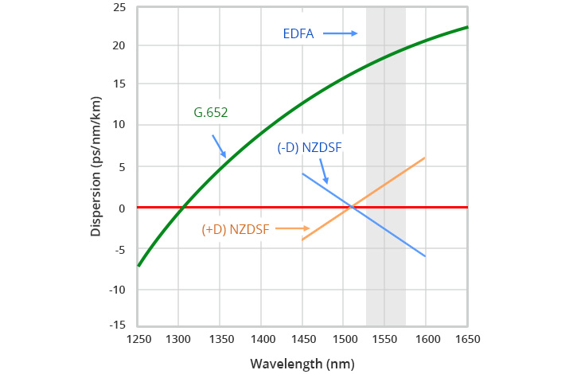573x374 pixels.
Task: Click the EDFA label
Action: (299, 34)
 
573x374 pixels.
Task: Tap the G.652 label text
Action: (211, 112)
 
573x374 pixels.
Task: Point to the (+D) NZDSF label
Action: (235, 229)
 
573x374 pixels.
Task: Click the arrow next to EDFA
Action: (340, 33)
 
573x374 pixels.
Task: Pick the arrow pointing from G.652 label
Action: (219, 145)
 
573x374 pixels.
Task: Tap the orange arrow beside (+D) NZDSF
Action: (294, 228)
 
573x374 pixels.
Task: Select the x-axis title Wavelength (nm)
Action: (302, 364)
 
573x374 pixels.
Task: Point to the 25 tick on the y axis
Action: (119, 7)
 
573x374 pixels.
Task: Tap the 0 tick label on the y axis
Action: (123, 207)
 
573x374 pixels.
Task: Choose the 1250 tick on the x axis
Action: (138, 339)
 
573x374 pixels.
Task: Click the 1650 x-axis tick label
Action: (466, 339)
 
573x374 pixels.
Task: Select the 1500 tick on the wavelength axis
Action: (343, 339)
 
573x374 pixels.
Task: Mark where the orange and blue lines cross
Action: (351, 207)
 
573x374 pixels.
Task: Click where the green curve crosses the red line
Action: (183, 207)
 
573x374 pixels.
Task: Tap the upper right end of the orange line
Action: (425, 158)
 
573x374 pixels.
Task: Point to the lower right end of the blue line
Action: (425, 256)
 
